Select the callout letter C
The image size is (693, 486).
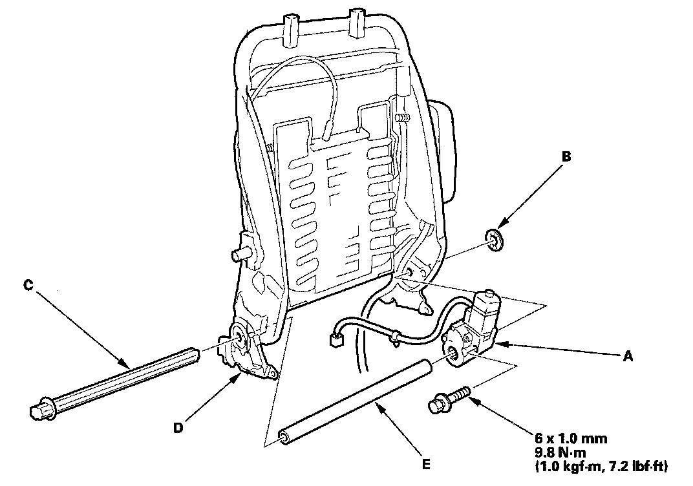tap(27, 285)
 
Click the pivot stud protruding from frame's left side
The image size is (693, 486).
tap(240, 254)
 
